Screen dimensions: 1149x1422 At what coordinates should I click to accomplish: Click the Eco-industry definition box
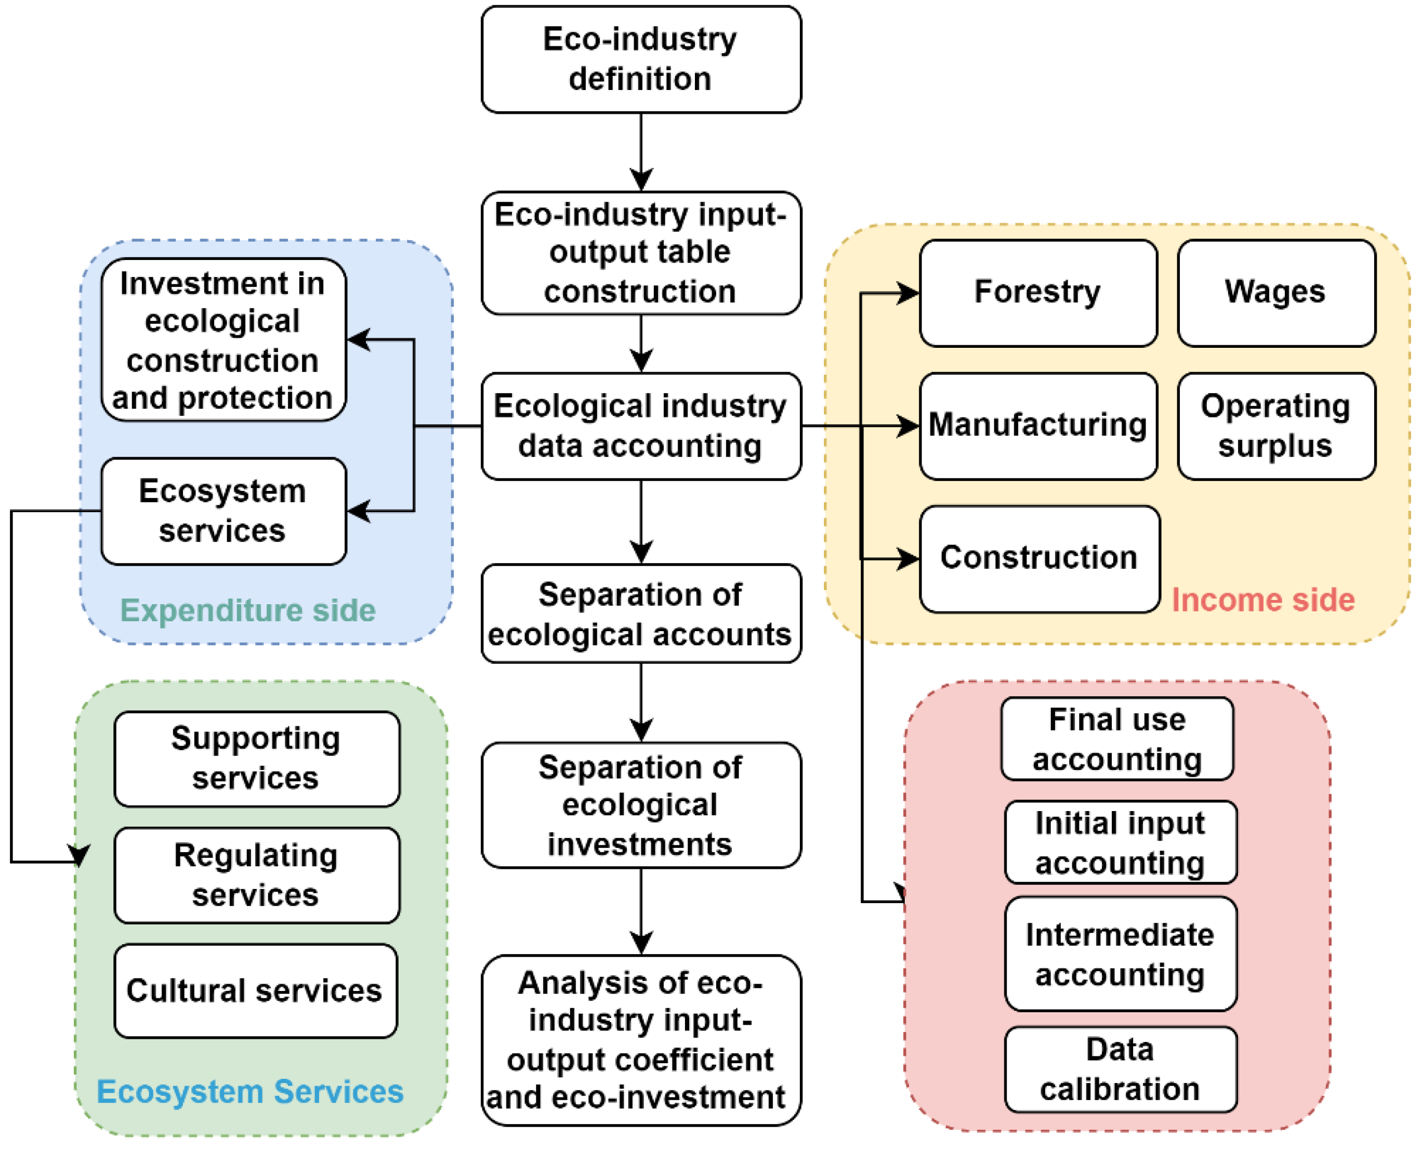pos(640,60)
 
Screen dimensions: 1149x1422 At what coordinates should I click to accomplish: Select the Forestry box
pos(1037,293)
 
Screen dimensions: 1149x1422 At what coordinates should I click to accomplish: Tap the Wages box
pos(1276,293)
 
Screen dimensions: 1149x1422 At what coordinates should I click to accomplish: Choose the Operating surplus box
pos(1276,426)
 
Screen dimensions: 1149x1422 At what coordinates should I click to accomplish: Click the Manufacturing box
pos(1037,426)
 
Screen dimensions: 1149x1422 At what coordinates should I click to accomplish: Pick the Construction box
pos(1039,558)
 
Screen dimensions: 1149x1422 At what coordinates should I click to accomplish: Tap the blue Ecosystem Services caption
pos(250,1091)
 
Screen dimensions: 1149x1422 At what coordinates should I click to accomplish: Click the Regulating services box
pos(256,875)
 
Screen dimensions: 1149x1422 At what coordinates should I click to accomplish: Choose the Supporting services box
pos(256,759)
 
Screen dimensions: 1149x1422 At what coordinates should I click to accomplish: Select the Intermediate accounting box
pos(1120,955)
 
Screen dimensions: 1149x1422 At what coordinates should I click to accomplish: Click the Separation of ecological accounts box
pos(640,613)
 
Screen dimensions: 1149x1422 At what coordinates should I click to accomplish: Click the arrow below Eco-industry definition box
pos(640,152)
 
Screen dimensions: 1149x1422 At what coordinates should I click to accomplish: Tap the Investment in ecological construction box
pos(223,340)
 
